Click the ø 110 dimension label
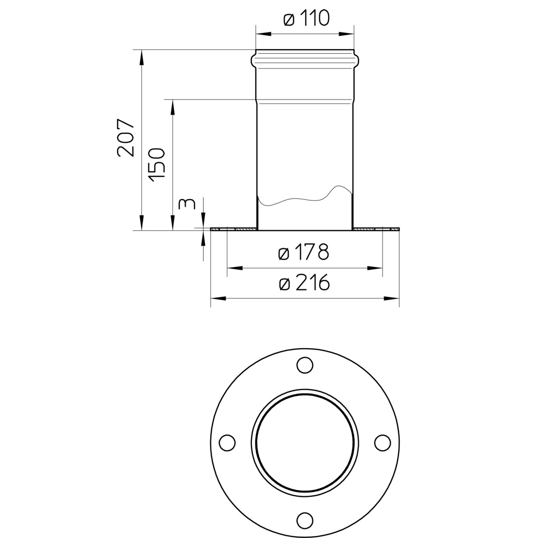click(x=306, y=19)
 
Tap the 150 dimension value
click(x=157, y=165)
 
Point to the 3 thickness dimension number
click(x=186, y=204)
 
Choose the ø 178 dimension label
click(x=303, y=252)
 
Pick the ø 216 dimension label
click(x=304, y=283)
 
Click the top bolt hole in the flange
click(x=305, y=365)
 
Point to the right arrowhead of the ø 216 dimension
click(x=393, y=299)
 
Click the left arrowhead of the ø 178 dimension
click(x=234, y=268)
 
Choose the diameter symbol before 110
click(x=289, y=19)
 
